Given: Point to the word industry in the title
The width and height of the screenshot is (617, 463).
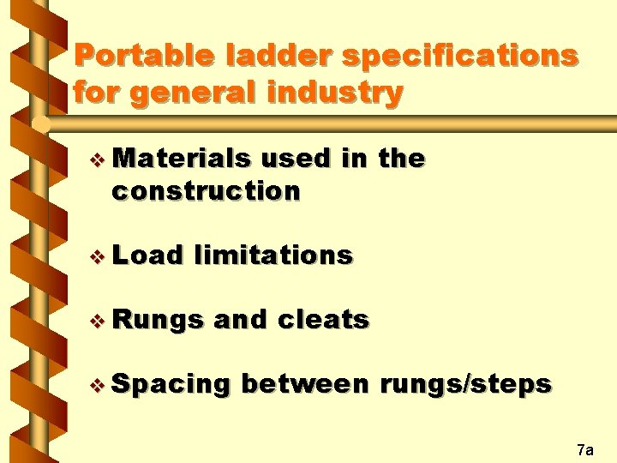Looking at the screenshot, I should point(341,92).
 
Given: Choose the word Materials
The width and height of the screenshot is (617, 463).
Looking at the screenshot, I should point(182,159).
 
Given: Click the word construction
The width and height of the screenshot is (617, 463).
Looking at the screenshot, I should point(206,190).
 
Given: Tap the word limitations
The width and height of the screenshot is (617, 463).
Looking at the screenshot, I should point(273,255).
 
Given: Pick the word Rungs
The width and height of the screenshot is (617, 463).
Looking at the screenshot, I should point(157,320).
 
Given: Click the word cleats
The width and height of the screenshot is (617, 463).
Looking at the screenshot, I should point(324,320).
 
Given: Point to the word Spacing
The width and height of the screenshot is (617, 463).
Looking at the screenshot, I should point(171,385).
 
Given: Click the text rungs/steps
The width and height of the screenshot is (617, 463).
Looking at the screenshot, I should point(466,384).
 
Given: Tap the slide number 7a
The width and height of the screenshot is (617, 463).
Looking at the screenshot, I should point(585,449).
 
